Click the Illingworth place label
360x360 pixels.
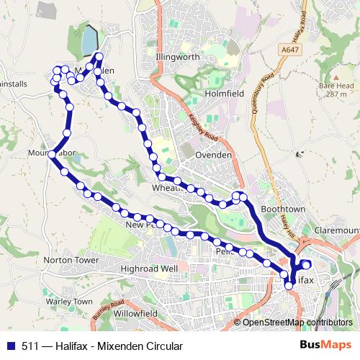[176, 56]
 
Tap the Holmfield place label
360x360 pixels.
[225, 94]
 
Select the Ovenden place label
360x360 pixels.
[215, 155]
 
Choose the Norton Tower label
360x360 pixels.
[71, 259]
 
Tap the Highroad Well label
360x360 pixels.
[149, 269]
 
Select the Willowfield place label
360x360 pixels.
[135, 315]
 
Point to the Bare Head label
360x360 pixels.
[336, 85]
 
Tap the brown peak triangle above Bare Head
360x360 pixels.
[336, 75]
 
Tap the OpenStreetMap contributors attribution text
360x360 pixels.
[297, 323]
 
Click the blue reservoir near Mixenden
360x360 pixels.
[89, 41]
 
